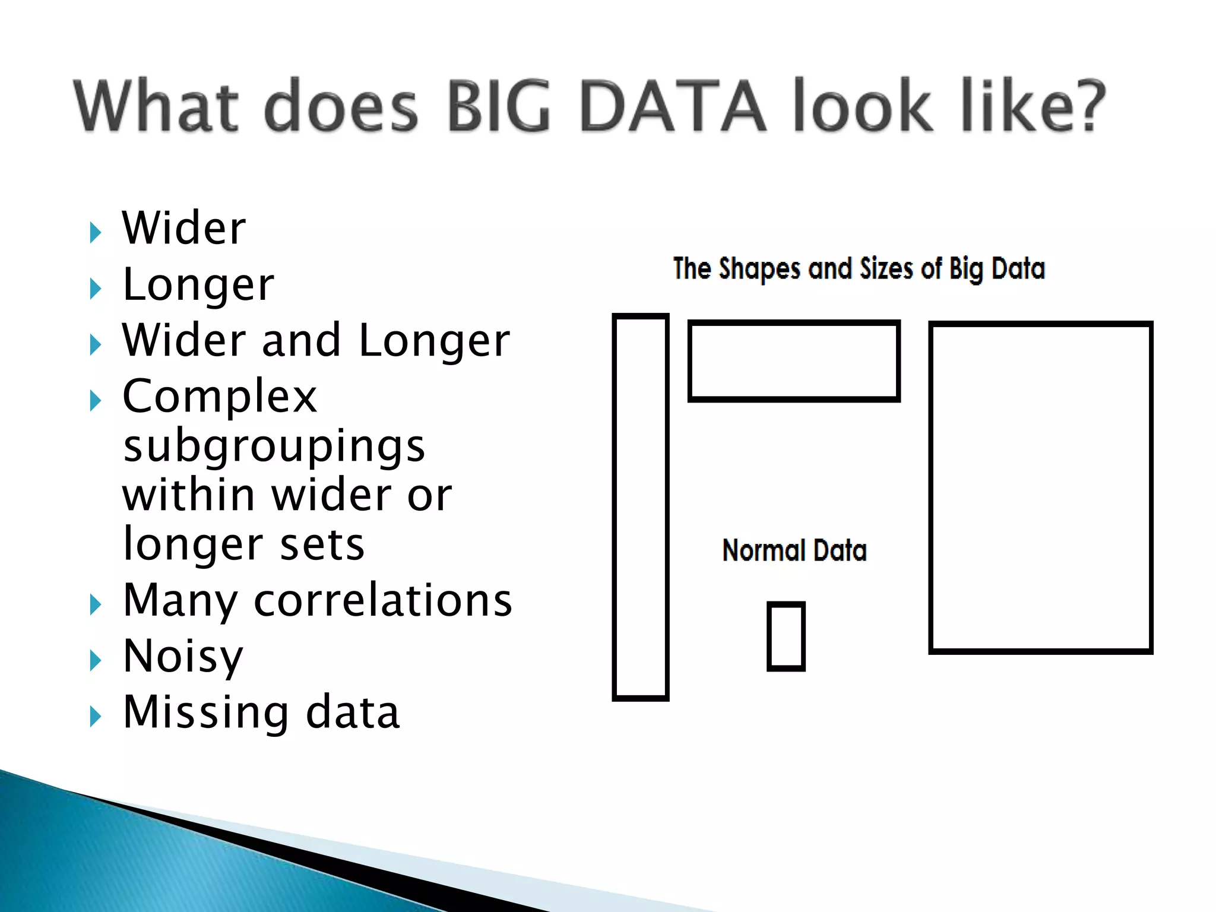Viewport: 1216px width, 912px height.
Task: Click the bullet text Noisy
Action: [183, 655]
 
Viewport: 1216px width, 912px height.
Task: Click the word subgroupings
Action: [274, 446]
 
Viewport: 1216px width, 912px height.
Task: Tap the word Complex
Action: [220, 396]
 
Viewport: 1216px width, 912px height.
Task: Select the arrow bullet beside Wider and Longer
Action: [95, 344]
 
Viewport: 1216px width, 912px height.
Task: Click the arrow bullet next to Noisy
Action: [95, 660]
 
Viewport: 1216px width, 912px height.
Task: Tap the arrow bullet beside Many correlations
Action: [95, 604]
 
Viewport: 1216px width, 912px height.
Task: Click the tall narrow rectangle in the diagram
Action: [641, 507]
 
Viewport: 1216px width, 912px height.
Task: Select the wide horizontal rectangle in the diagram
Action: [794, 361]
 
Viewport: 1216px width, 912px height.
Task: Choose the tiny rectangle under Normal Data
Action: [786, 636]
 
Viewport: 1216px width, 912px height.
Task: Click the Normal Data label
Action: [794, 550]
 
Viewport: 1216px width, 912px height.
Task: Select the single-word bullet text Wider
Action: [184, 228]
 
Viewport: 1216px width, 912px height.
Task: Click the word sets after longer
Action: [322, 544]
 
